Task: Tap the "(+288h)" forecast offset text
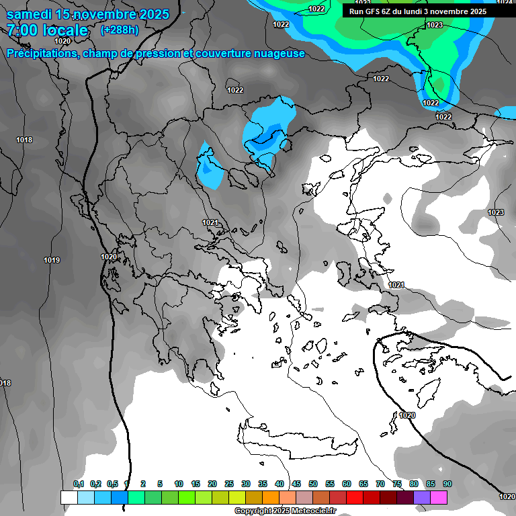tap(119, 30)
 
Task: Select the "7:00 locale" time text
tap(48, 30)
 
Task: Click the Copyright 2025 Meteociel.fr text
tap(285, 511)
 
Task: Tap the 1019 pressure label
tap(52, 260)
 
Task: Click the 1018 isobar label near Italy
tap(24, 140)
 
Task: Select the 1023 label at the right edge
tap(496, 212)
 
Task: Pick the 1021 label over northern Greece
tap(210, 222)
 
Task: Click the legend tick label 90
tap(447, 484)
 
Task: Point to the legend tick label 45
tap(296, 484)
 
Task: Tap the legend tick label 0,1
tap(79, 484)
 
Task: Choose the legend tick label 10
tap(179, 484)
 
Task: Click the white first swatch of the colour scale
tap(69, 497)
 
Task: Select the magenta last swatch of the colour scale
tap(439, 497)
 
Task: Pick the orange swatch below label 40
tap(271, 497)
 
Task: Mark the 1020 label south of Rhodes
tap(407, 415)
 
